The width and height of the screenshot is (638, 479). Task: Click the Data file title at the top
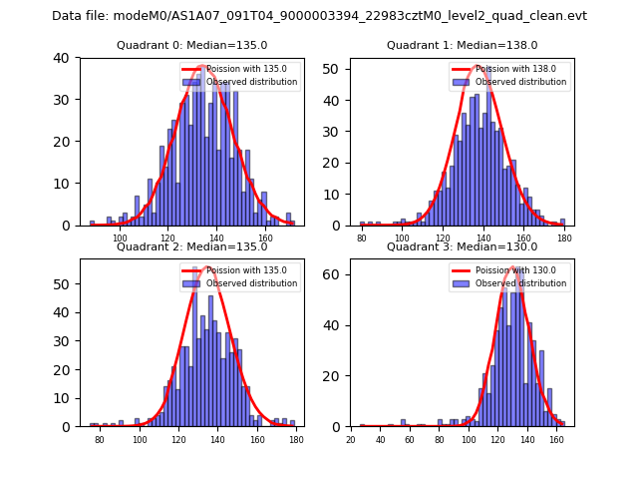[x=319, y=16]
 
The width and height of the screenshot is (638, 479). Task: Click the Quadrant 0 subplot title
[x=192, y=45]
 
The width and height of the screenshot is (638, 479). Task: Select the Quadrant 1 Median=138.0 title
[x=462, y=45]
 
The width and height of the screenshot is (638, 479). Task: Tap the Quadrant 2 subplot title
[x=192, y=246]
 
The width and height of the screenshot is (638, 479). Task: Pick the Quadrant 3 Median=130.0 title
[x=462, y=246]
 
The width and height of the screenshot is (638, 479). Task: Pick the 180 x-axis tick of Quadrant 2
[x=295, y=439]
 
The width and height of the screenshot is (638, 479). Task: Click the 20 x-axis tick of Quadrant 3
[x=351, y=439]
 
